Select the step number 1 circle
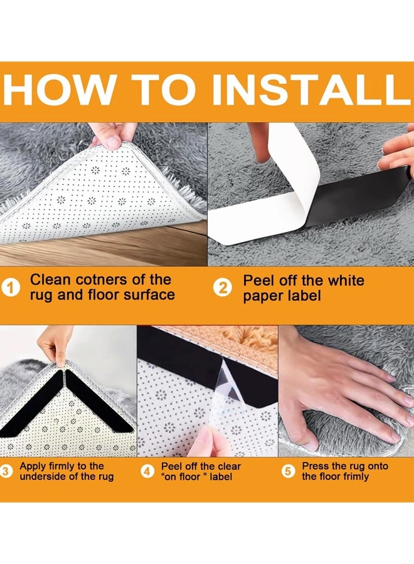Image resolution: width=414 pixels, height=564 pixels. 11,288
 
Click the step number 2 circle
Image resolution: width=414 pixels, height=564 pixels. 223,288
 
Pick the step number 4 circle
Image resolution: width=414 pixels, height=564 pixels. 147,471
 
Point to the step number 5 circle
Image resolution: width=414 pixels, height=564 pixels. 288,471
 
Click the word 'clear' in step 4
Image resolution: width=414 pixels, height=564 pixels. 229,466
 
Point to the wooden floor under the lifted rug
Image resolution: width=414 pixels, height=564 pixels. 108,248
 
